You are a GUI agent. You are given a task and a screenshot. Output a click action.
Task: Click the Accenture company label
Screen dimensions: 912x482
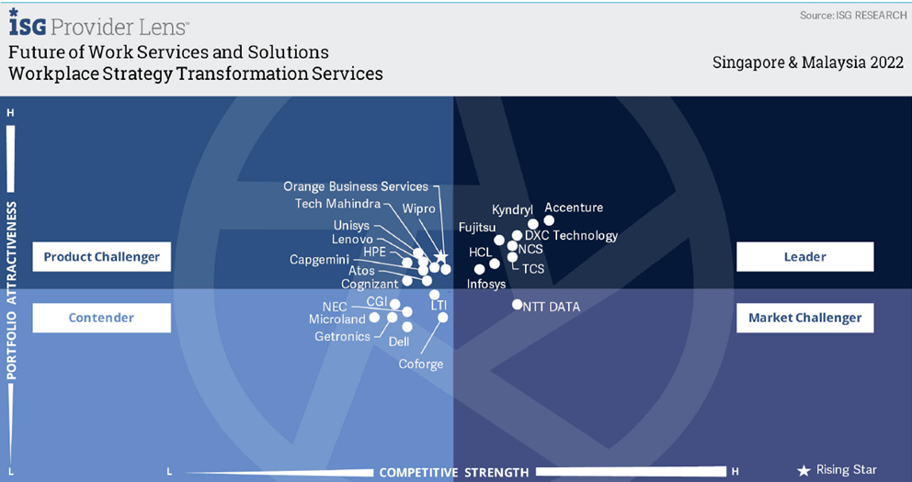(x=574, y=207)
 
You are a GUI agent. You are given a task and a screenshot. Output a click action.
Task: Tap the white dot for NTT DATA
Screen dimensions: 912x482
(x=517, y=304)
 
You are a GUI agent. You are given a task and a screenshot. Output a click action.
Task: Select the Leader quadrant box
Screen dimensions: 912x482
(x=805, y=257)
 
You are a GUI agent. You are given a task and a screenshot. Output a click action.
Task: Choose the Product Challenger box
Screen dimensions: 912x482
(x=102, y=257)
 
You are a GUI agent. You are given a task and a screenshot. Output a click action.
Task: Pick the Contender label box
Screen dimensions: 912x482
(x=102, y=318)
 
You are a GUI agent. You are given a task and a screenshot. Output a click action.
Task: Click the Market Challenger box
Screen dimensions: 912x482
(x=805, y=318)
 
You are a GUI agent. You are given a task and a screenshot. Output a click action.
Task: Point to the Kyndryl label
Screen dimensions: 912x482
(x=512, y=210)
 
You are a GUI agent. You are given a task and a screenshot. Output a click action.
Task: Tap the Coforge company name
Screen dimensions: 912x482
(x=420, y=364)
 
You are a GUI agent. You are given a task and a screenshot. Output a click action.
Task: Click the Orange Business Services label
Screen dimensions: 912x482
(x=356, y=186)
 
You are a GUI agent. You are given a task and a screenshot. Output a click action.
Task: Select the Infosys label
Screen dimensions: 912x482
(x=486, y=284)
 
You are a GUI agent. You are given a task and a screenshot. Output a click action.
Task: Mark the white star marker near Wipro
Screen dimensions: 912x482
(x=441, y=256)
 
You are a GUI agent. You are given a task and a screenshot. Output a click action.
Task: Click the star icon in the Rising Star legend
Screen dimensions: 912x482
(x=804, y=470)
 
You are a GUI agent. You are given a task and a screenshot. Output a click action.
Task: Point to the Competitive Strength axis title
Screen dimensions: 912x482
(x=454, y=472)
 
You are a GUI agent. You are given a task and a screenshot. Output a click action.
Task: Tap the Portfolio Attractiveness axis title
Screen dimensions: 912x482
(x=11, y=290)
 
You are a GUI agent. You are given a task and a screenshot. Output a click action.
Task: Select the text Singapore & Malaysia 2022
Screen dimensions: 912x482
(x=808, y=62)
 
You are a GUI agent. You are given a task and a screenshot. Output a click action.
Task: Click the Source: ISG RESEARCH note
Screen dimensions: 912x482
(x=852, y=16)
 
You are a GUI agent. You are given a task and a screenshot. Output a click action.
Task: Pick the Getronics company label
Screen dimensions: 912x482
(x=342, y=336)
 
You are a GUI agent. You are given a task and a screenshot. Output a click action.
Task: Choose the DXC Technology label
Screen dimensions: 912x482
(x=571, y=236)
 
